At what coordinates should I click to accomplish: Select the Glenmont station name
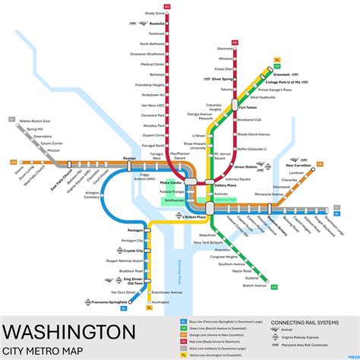pyautogui.click(x=225, y=48)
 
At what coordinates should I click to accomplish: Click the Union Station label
pyautogui.click(x=245, y=166)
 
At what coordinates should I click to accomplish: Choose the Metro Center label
pyautogui.click(x=172, y=183)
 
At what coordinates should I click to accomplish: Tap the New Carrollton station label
pyautogui.click(x=298, y=165)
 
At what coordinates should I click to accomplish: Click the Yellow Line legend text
pyautogui.click(x=217, y=354)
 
